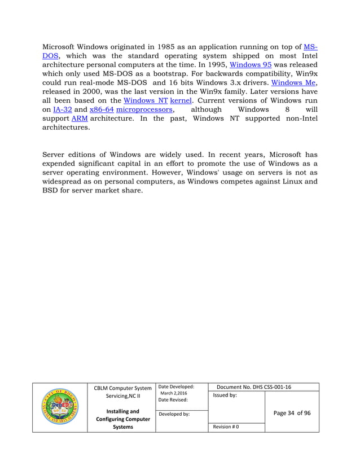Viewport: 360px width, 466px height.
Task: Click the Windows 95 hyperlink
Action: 250,65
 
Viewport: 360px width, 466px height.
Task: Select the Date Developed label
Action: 176,387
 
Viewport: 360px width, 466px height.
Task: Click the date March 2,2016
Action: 174,393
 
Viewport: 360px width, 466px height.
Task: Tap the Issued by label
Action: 225,396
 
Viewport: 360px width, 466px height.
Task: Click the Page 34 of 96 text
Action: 291,413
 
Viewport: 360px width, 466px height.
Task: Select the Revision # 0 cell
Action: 226,427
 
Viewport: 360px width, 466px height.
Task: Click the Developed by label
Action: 174,414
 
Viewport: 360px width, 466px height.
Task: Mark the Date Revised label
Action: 173,400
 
